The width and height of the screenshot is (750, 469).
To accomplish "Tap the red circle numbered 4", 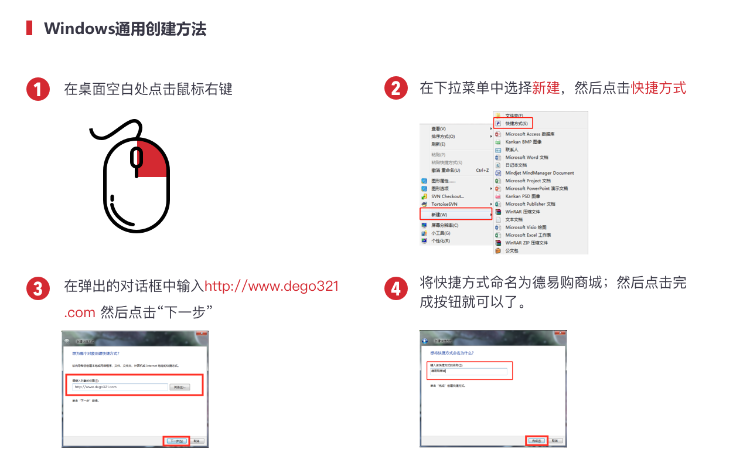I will (396, 288).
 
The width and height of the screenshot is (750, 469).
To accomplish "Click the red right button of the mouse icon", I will (153, 159).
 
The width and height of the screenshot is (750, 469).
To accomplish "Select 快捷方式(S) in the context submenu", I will (516, 124).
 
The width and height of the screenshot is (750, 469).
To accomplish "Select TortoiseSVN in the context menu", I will (444, 204).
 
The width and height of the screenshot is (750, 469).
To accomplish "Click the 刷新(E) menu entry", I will (438, 144).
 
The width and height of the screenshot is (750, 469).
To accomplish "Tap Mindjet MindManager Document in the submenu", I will (539, 173).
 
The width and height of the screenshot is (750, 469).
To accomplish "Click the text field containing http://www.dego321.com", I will (120, 387).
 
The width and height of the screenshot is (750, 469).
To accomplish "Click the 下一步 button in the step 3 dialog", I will (175, 441).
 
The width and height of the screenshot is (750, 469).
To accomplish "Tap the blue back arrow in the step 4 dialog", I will (425, 341).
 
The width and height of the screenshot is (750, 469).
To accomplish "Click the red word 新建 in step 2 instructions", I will (546, 89).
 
